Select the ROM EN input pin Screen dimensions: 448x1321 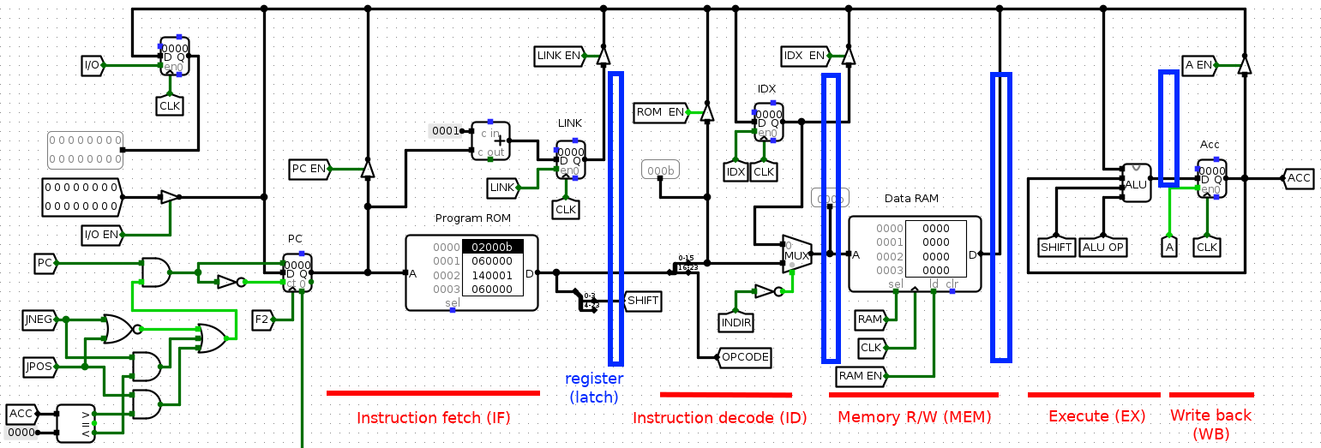pos(660,112)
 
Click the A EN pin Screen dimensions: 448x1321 pos(1198,64)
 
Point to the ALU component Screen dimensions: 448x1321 pos(1137,183)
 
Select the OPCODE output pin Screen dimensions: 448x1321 pos(744,357)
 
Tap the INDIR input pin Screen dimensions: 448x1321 pos(736,322)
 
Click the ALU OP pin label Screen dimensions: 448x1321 pos(1103,247)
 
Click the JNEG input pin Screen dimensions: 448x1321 pos(39,320)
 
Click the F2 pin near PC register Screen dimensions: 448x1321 pos(262,320)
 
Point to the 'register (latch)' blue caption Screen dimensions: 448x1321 pos(594,387)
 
